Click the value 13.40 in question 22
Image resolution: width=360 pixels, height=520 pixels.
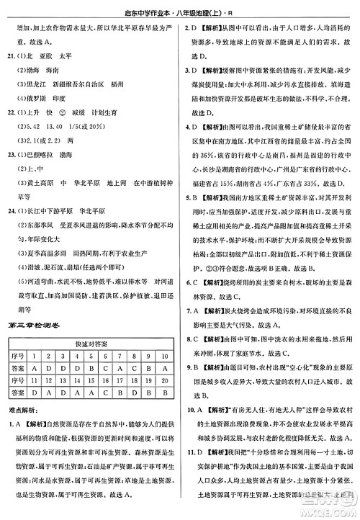[x=60, y=122]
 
